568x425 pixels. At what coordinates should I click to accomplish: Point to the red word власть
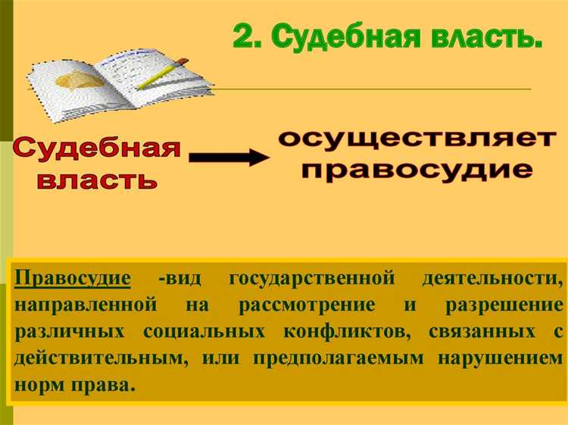(97, 180)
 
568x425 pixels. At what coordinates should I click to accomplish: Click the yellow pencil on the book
(162, 73)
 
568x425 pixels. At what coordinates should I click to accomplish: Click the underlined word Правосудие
(72, 277)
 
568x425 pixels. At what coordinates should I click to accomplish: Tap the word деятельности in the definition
(492, 277)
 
